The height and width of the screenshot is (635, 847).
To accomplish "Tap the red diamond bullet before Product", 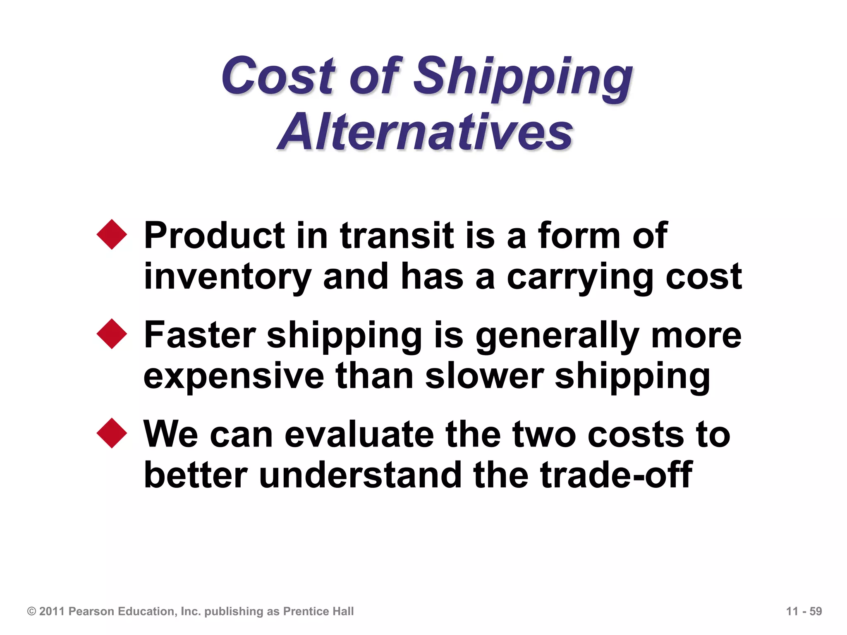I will [x=112, y=234].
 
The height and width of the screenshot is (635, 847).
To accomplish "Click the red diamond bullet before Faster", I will [x=112, y=334].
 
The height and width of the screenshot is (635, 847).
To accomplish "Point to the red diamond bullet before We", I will [x=112, y=433].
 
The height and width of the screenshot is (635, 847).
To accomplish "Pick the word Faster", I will [x=200, y=335].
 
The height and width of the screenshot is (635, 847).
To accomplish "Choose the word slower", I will [x=484, y=376].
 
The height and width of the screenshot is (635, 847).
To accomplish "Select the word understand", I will [x=360, y=475].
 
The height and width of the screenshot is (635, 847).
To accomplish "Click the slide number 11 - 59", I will [x=804, y=611].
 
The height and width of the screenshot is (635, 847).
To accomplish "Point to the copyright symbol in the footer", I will [x=31, y=611].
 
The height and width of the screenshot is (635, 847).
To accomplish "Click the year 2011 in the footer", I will [x=52, y=611].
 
